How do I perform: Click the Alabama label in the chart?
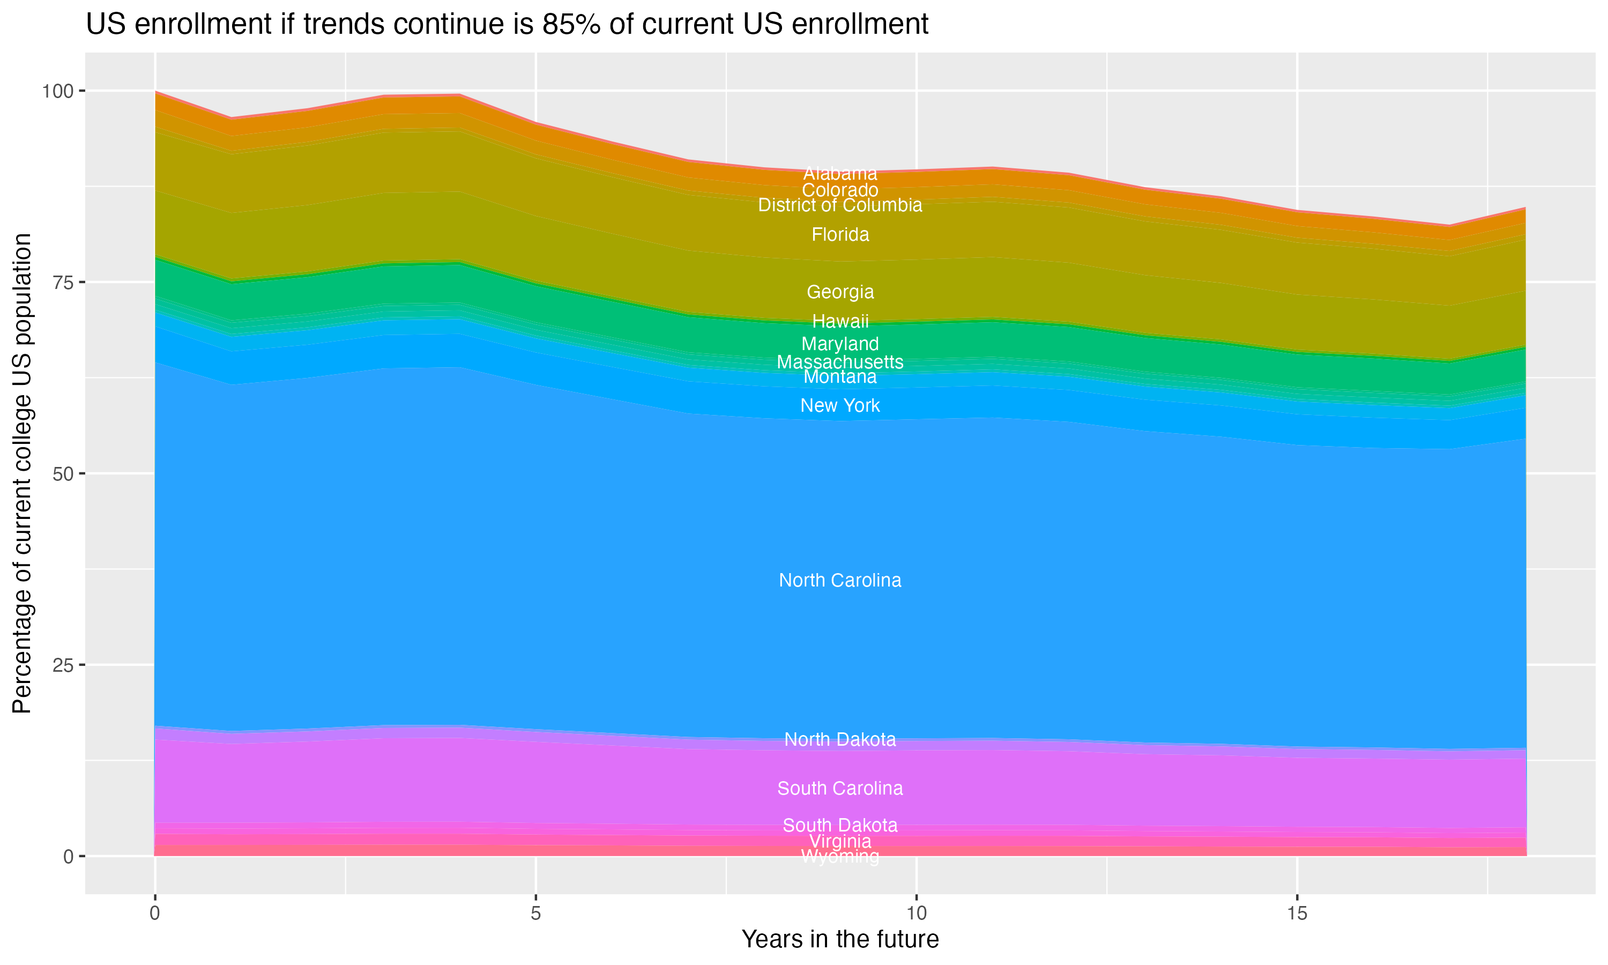coord(840,174)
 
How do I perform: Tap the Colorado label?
coord(840,190)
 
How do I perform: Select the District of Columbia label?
coord(840,205)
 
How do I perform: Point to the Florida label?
coord(840,235)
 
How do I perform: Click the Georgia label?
coord(840,292)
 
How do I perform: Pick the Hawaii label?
coord(840,321)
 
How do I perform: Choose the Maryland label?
coord(840,344)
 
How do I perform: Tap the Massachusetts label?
coord(840,362)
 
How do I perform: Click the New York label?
coord(840,406)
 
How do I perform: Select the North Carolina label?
coord(840,581)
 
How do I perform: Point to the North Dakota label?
coord(840,740)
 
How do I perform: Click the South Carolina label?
coord(840,789)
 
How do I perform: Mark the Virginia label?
coord(840,842)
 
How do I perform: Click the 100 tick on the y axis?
coord(57,91)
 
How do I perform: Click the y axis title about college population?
coord(22,473)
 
